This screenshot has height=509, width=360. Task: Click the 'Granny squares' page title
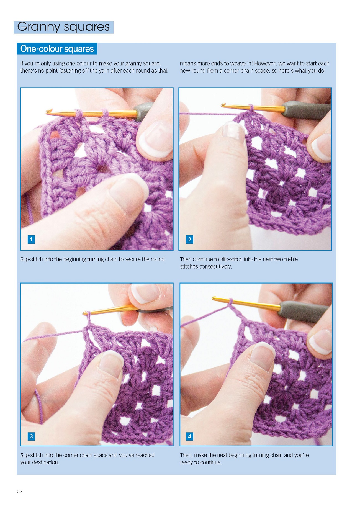(x=63, y=27)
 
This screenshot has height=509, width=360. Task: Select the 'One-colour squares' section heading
(x=57, y=49)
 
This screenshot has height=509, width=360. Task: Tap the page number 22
(x=20, y=491)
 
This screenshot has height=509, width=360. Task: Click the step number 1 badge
(x=31, y=239)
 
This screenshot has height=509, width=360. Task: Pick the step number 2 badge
(x=190, y=239)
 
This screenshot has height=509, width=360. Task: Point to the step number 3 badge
(x=31, y=436)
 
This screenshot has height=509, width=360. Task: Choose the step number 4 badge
(x=190, y=436)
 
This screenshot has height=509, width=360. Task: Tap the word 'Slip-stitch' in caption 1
(x=32, y=259)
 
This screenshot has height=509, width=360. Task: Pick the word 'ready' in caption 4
(x=187, y=462)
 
